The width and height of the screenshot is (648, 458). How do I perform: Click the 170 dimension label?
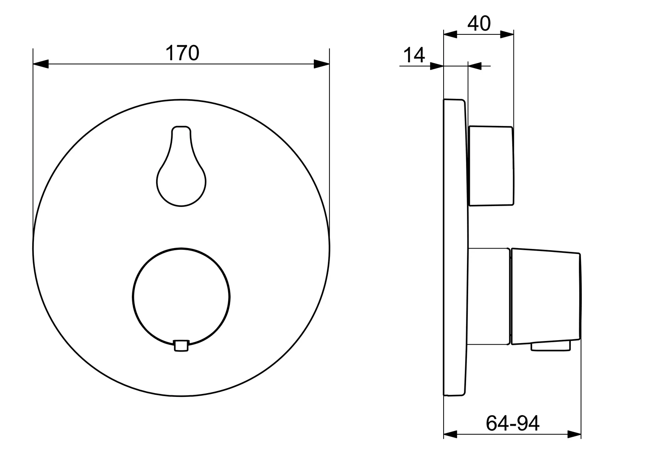point(182,53)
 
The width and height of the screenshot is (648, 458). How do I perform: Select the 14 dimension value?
point(413,55)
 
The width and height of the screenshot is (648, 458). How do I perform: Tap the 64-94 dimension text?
point(512,423)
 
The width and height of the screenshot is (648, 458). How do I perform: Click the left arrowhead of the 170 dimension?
point(41,64)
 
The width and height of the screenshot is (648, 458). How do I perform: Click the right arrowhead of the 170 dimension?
point(321,64)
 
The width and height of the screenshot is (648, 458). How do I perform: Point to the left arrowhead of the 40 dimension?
point(450,34)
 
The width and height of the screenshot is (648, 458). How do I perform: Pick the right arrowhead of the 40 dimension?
point(507,34)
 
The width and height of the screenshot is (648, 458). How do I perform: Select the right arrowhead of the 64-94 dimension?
point(574,434)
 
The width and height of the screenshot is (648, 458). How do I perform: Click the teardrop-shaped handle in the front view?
point(182,174)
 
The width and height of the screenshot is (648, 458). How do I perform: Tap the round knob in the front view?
point(182,293)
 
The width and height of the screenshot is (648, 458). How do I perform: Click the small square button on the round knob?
point(182,345)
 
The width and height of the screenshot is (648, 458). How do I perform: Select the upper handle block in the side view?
point(491,166)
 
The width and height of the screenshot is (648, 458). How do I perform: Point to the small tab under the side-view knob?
point(551,346)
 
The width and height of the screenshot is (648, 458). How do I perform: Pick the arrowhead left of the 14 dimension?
point(437,66)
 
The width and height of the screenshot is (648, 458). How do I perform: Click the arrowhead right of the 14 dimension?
point(475,66)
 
